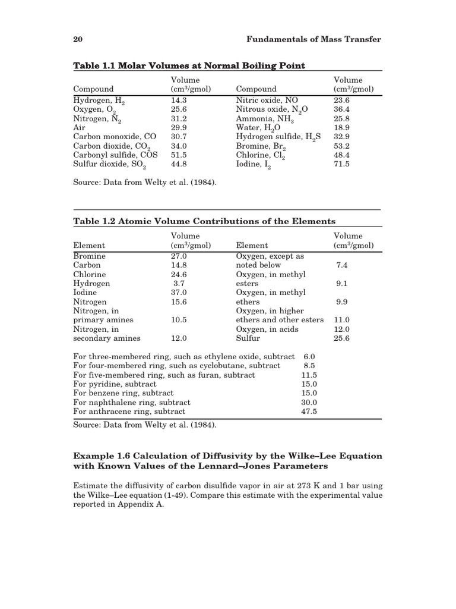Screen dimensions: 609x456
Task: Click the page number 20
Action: [77, 39]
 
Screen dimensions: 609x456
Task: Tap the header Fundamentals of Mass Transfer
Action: [313, 39]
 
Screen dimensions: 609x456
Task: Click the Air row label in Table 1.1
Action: [80, 127]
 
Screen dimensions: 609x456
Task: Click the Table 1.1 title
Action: [189, 65]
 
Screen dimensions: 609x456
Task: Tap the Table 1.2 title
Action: [204, 221]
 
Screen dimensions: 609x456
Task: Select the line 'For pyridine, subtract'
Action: [118, 384]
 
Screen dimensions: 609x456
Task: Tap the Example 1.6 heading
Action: [227, 462]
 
